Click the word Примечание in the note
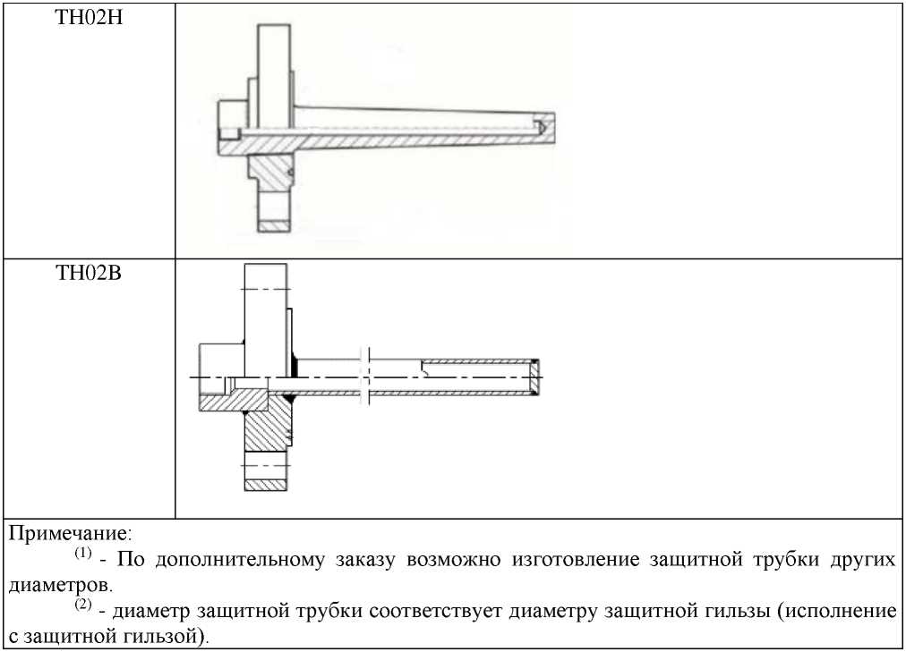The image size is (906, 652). (x=70, y=534)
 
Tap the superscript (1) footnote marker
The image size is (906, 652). (x=82, y=555)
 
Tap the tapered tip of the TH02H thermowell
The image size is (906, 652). (x=544, y=127)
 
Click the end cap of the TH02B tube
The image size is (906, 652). (x=535, y=377)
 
